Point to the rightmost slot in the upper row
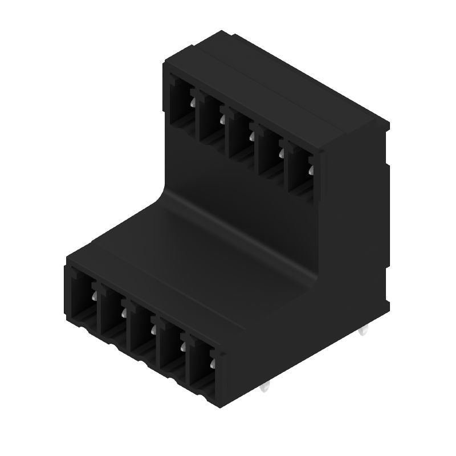301,168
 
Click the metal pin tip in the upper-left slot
193,103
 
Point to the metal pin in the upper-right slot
311,170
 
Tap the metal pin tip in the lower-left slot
94,295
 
